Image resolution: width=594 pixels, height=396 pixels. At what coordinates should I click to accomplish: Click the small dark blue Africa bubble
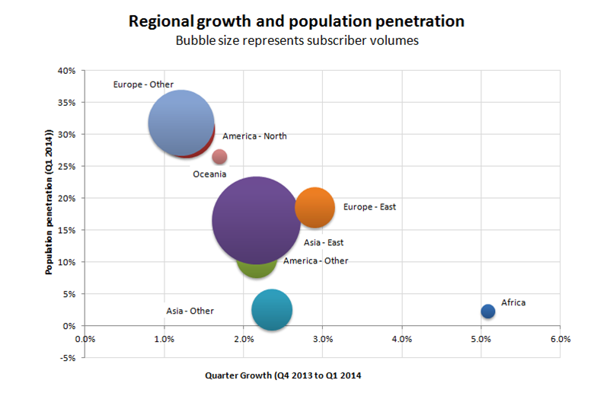point(488,311)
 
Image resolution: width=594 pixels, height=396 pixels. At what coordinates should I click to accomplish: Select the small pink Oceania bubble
point(219,156)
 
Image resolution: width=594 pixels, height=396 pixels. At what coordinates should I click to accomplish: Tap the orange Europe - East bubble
point(315,207)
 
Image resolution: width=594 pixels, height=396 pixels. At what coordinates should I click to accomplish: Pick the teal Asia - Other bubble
point(272,309)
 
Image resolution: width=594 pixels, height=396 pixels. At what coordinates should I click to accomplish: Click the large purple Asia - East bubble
point(257,221)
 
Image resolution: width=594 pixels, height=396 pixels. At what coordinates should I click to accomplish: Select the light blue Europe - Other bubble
point(180,123)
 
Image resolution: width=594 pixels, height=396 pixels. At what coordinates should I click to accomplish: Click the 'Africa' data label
point(513,302)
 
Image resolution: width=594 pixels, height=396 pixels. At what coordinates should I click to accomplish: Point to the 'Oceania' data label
point(209,174)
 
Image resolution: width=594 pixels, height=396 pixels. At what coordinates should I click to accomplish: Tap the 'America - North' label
point(254,136)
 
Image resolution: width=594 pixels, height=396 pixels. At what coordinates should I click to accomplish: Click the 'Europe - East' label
point(369,206)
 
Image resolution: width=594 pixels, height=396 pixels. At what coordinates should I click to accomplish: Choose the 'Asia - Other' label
point(190,311)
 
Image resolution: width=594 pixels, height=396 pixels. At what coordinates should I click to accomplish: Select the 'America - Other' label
point(315,260)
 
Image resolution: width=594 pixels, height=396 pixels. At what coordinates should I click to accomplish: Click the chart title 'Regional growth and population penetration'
point(296,21)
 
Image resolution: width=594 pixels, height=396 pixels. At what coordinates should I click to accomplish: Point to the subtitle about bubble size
point(297,41)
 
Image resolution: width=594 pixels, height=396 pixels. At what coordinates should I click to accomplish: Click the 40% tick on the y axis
point(65,71)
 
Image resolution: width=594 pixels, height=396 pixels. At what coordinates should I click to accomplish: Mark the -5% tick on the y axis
point(67,358)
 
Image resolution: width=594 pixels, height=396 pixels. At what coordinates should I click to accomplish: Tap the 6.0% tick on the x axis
point(560,339)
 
